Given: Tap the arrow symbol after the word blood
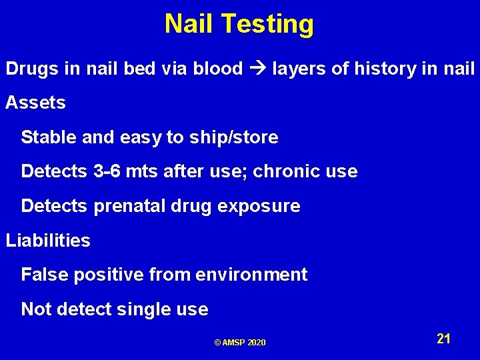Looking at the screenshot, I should [x=257, y=69].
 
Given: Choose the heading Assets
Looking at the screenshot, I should [x=36, y=103].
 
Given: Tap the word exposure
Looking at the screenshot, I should [x=263, y=206].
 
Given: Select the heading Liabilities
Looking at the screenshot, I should [x=48, y=241].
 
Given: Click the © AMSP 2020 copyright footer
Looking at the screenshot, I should [x=240, y=343].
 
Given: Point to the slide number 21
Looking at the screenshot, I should [x=444, y=339].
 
